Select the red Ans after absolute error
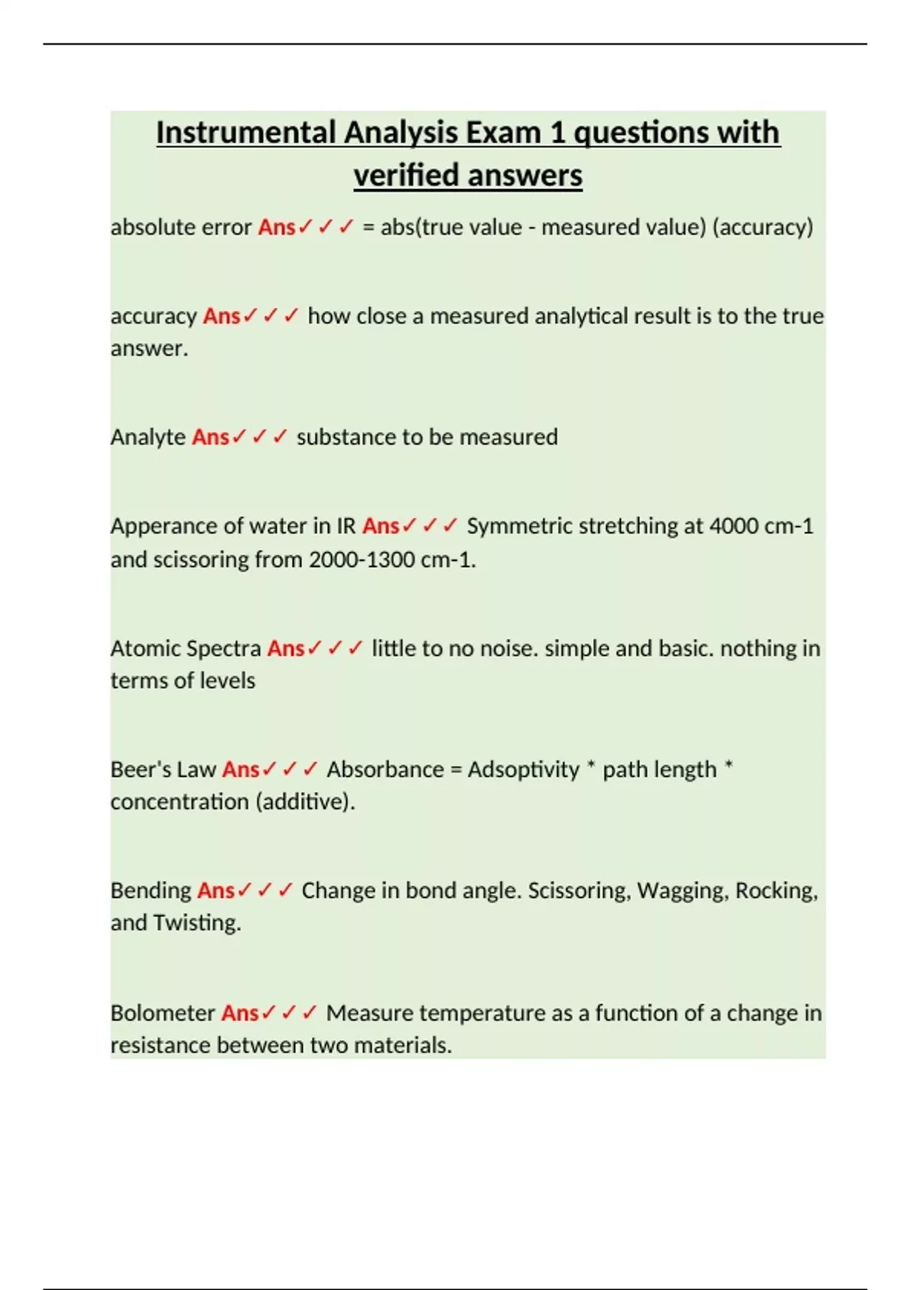click(276, 227)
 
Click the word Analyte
click(148, 437)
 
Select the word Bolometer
click(162, 1013)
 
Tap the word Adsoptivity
click(523, 769)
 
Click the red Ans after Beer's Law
click(241, 769)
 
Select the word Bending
click(150, 890)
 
